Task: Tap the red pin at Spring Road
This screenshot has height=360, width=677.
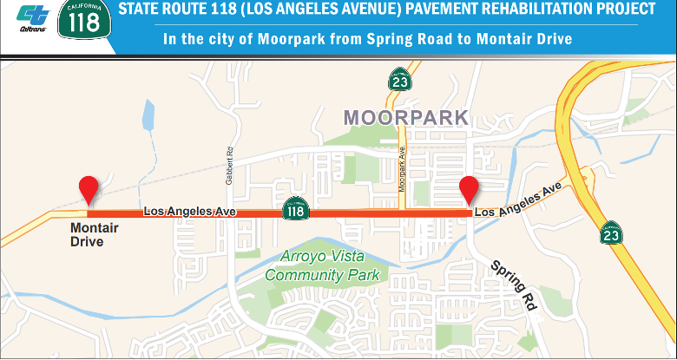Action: point(470,189)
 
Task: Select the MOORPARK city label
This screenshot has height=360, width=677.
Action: point(405,117)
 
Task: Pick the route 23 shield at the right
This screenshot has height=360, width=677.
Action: point(612,232)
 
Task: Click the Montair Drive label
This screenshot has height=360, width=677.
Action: point(94,235)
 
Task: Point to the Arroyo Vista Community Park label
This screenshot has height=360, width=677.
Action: point(323,265)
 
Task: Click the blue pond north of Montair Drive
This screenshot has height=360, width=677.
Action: point(148,115)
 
